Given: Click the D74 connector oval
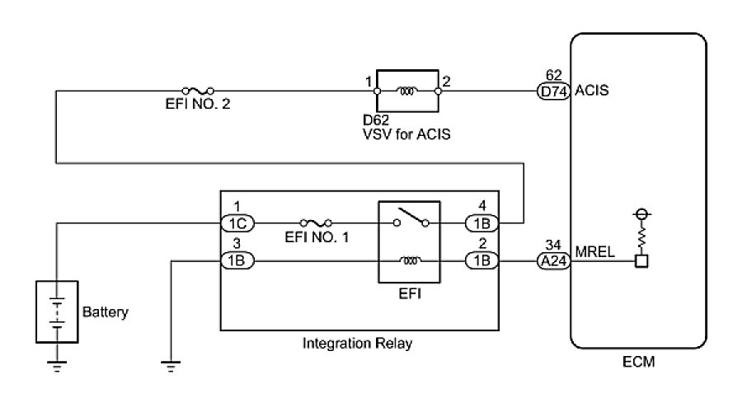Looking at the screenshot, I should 553,91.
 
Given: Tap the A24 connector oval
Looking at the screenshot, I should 552,261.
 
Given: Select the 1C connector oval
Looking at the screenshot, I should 237,222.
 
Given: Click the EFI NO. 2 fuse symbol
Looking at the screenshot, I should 198,91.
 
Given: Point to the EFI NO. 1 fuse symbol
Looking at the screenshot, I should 316,222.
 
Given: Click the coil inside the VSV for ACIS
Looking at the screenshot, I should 407,91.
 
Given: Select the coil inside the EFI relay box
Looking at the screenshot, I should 410,261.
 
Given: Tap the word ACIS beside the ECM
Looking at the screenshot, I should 593,91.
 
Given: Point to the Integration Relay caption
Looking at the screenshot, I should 358,344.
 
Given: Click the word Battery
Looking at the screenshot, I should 106,312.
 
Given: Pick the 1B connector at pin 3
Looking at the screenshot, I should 237,261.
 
